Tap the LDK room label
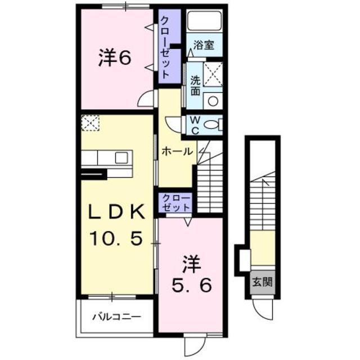click(118, 213)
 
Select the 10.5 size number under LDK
click(118, 238)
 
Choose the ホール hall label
click(178, 151)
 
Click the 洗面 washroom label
click(195, 85)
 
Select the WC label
click(193, 125)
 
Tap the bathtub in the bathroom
click(204, 21)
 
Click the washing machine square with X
click(213, 74)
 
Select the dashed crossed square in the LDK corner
click(90, 123)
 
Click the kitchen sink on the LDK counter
click(122, 157)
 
